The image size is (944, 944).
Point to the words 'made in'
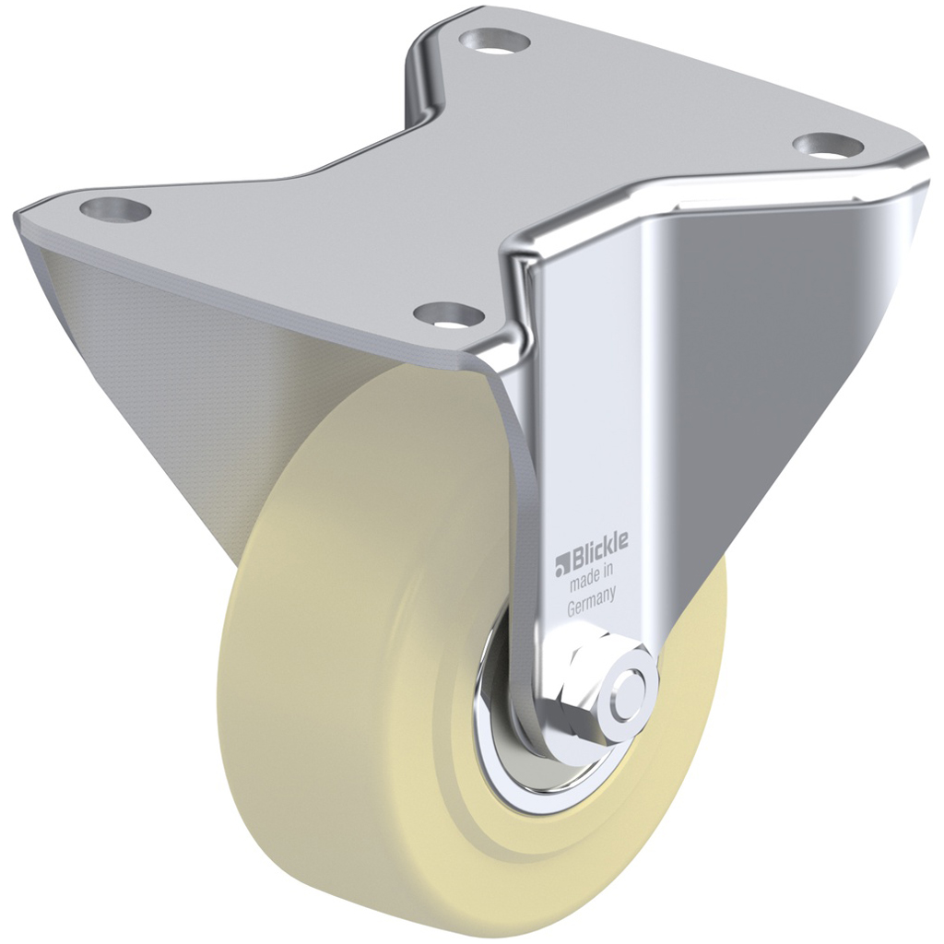(590, 583)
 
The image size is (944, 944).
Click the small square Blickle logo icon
(560, 562)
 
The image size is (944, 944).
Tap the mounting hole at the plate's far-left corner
(114, 209)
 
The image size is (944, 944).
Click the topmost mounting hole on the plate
(494, 40)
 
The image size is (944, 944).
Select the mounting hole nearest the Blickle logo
(449, 313)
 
